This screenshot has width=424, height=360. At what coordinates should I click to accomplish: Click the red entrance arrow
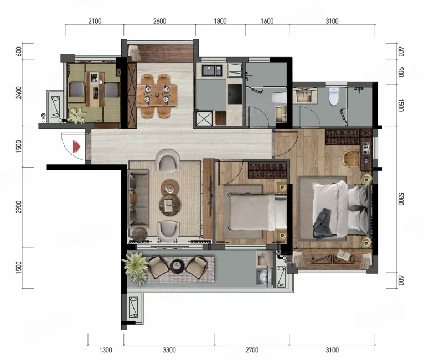pyautogui.click(x=76, y=147)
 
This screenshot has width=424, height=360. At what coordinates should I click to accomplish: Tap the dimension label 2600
pyautogui.click(x=159, y=21)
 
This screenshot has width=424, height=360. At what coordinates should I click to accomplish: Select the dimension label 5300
pyautogui.click(x=401, y=199)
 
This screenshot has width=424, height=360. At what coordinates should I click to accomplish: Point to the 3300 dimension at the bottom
pyautogui.click(x=169, y=350)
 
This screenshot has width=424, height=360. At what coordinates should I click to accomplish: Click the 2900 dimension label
pyautogui.click(x=18, y=207)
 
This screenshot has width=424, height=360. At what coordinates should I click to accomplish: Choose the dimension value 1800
pyautogui.click(x=220, y=21)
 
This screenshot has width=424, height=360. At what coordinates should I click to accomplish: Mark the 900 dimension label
pyautogui.click(x=401, y=72)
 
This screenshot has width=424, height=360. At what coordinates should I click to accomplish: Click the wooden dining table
pyautogui.click(x=157, y=95)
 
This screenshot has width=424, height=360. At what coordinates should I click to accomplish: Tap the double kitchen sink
pyautogui.click(x=212, y=70)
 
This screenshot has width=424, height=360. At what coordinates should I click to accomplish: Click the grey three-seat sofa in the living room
pyautogui.click(x=138, y=197)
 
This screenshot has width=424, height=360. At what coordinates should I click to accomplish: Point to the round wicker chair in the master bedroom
pyautogui.click(x=351, y=158)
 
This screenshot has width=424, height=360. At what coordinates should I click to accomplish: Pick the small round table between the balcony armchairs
pyautogui.click(x=177, y=267)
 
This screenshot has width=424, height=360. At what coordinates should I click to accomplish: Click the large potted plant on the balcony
pyautogui.click(x=135, y=267)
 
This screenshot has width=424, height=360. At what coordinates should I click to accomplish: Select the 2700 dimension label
pyautogui.click(x=252, y=350)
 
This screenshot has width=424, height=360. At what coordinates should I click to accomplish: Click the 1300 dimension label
pyautogui.click(x=106, y=350)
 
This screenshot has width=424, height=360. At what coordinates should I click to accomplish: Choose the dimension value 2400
pyautogui.click(x=18, y=93)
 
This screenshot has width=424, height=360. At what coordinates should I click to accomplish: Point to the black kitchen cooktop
pyautogui.click(x=235, y=94)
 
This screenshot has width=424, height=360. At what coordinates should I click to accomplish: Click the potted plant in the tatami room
pyautogui.click(x=76, y=116)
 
